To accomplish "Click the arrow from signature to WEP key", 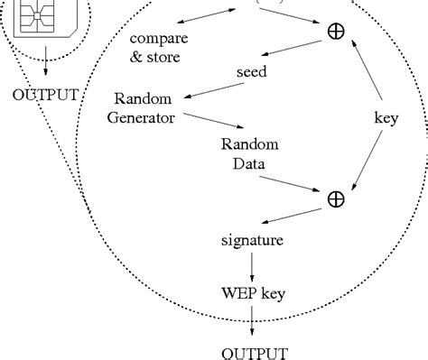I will [x=252, y=265].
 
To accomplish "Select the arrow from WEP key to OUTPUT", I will [x=252, y=319].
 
